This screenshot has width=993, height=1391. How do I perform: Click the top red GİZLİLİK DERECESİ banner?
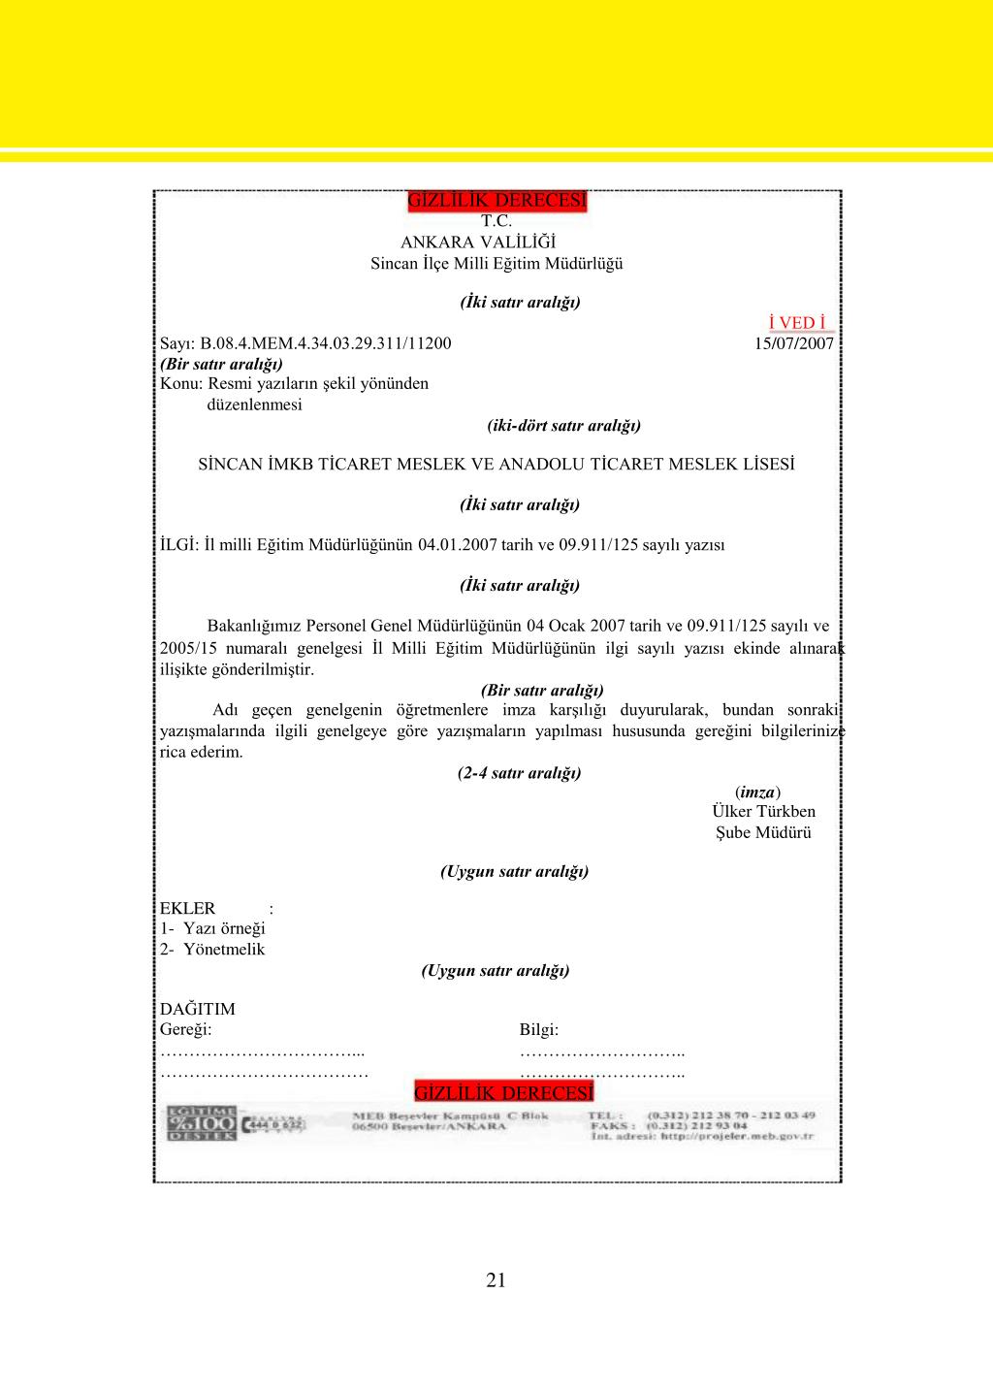point(496,201)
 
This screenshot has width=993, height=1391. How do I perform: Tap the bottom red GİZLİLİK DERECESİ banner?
point(503,1093)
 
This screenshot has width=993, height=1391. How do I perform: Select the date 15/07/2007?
point(793,343)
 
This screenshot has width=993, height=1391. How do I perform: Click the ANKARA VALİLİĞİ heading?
point(478,243)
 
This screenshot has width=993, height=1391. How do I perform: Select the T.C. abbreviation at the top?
point(496,221)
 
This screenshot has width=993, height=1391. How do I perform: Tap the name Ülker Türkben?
point(763,811)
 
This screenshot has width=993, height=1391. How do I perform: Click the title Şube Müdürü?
point(763,832)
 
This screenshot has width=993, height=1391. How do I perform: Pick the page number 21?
point(496,1280)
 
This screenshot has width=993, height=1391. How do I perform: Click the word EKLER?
point(188,908)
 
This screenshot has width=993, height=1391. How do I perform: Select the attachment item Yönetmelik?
point(223,949)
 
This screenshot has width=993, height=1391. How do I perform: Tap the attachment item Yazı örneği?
point(224,928)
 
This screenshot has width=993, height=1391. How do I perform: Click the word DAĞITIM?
point(198,1009)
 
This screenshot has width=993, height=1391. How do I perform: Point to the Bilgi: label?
point(539,1030)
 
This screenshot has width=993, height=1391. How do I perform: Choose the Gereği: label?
point(185,1030)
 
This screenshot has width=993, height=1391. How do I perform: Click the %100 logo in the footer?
point(202,1123)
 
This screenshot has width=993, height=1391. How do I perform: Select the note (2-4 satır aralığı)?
point(519,773)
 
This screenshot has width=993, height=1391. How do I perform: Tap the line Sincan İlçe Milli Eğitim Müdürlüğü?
point(496,264)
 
